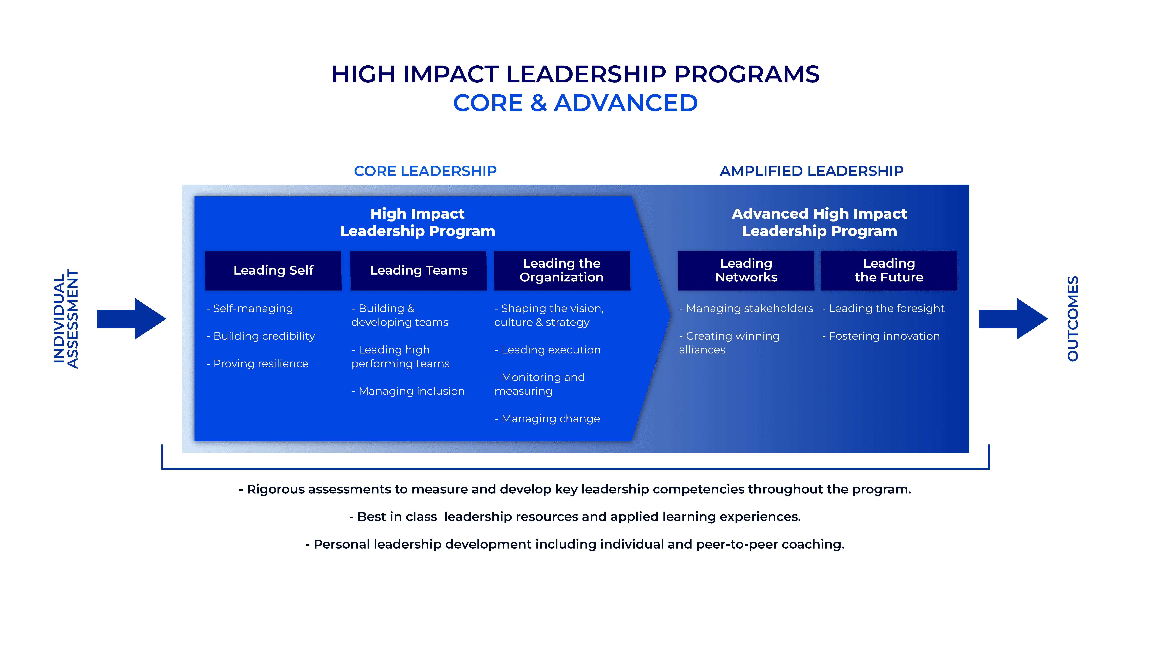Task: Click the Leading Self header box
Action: [273, 271]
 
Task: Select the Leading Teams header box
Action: [419, 271]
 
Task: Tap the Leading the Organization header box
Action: [562, 271]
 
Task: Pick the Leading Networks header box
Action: [746, 271]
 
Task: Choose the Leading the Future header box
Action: [889, 271]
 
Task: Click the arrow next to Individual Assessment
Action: [131, 319]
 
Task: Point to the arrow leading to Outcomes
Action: [1013, 319]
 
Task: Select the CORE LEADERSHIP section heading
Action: [425, 171]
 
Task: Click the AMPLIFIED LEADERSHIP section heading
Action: [811, 171]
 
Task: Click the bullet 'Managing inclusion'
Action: [408, 391]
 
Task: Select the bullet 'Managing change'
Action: [547, 419]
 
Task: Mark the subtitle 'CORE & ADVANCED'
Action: [575, 103]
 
